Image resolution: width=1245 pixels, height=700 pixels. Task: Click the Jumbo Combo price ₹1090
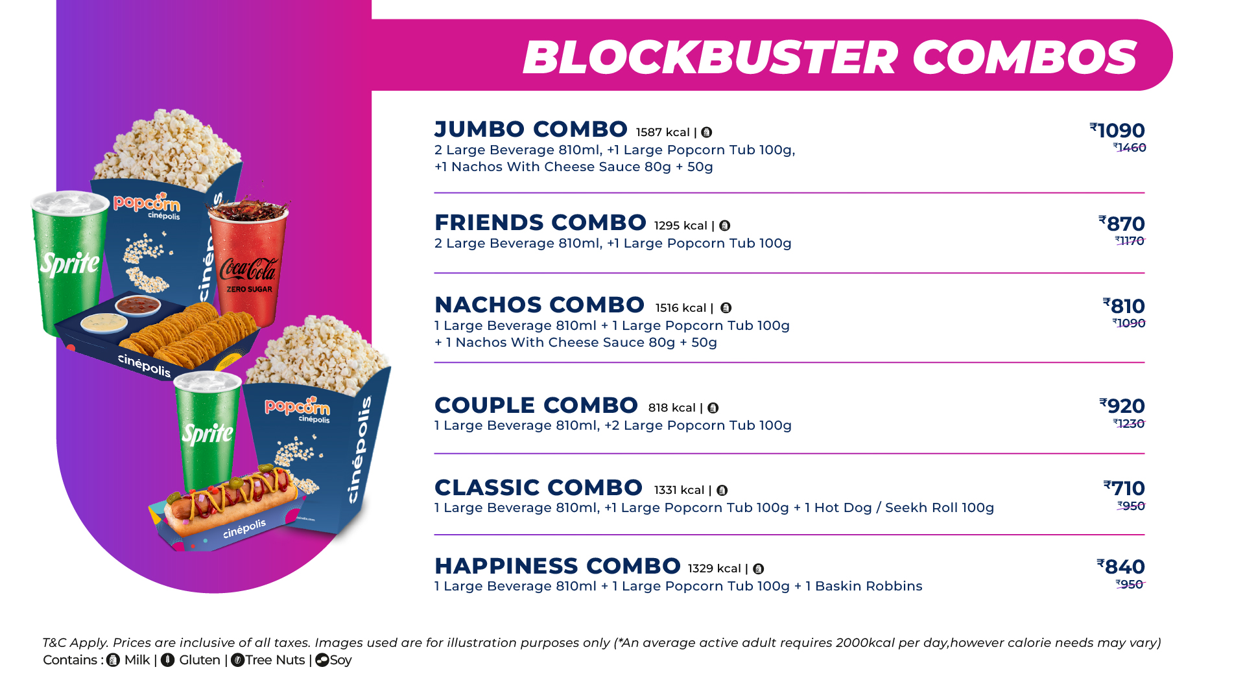point(1117,130)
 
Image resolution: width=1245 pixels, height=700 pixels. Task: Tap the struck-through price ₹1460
point(1130,148)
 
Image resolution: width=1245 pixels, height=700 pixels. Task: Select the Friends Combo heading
point(540,222)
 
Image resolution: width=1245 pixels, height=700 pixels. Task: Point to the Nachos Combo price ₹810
point(1124,306)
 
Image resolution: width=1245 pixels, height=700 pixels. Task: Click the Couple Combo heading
point(536,405)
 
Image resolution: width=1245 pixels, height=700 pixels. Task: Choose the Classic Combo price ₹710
point(1124,488)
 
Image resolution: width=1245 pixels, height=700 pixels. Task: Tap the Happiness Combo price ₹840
point(1121,566)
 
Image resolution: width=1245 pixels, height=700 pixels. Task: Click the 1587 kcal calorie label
point(663,132)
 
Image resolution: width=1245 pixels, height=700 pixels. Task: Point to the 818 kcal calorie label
point(672,408)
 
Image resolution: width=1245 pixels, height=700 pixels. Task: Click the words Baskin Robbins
point(868,586)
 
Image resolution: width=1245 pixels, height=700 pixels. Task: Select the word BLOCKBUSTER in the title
point(710,57)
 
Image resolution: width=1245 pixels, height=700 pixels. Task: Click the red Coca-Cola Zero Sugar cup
point(249,262)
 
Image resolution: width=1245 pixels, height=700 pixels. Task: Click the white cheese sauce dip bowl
point(104,321)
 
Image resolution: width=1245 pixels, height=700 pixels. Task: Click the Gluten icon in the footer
point(168,660)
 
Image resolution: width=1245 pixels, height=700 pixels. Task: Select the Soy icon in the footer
point(322,660)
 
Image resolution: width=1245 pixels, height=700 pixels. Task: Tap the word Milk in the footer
point(137,660)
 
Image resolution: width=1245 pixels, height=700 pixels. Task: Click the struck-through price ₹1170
point(1130,241)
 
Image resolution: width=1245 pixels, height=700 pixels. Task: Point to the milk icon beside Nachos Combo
point(726,308)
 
